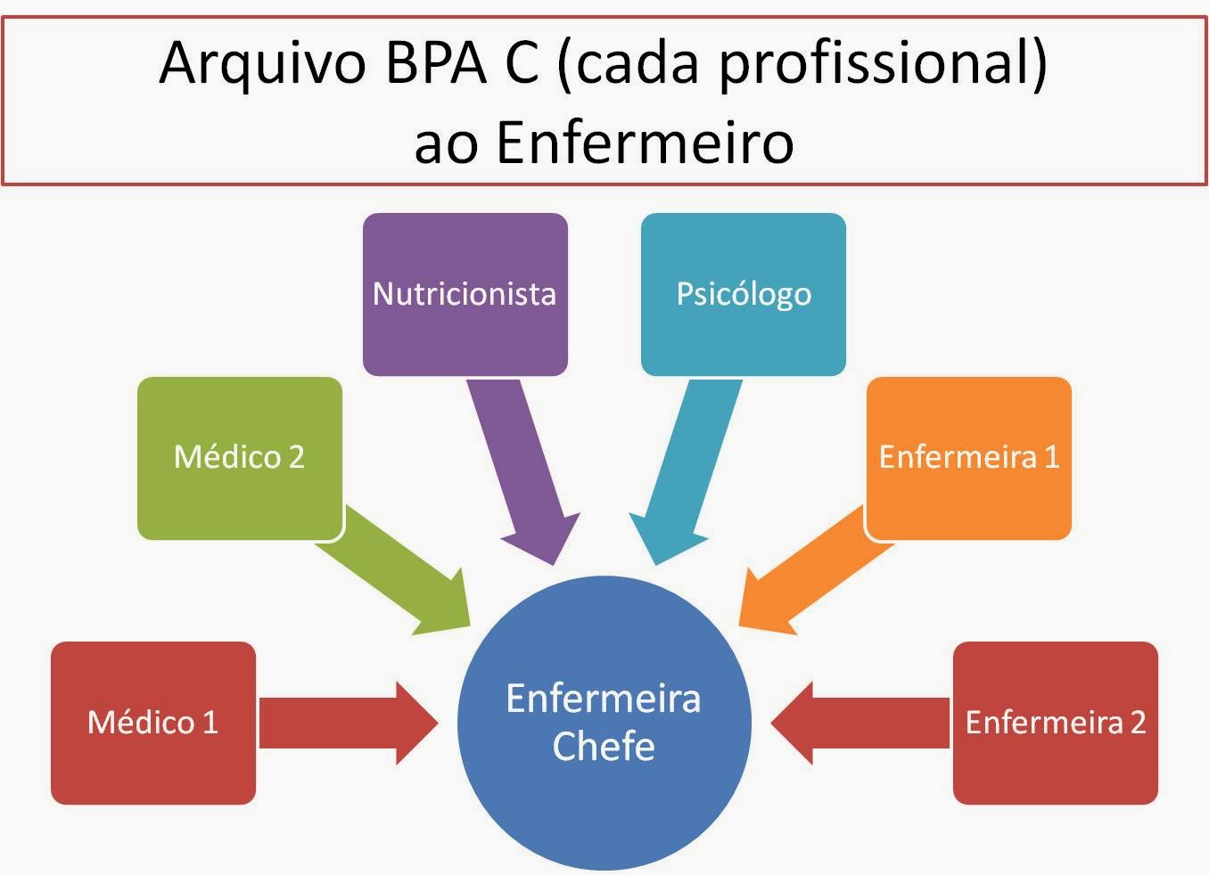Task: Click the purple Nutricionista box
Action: [x=465, y=294]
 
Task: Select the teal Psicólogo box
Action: [x=743, y=294]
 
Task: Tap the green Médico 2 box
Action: [x=239, y=457]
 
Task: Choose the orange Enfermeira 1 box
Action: [x=968, y=457]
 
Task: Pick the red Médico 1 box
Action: [x=152, y=723]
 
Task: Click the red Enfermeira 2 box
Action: [x=1055, y=723]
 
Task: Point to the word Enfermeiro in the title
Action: [x=644, y=142]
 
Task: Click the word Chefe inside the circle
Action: [x=604, y=747]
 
